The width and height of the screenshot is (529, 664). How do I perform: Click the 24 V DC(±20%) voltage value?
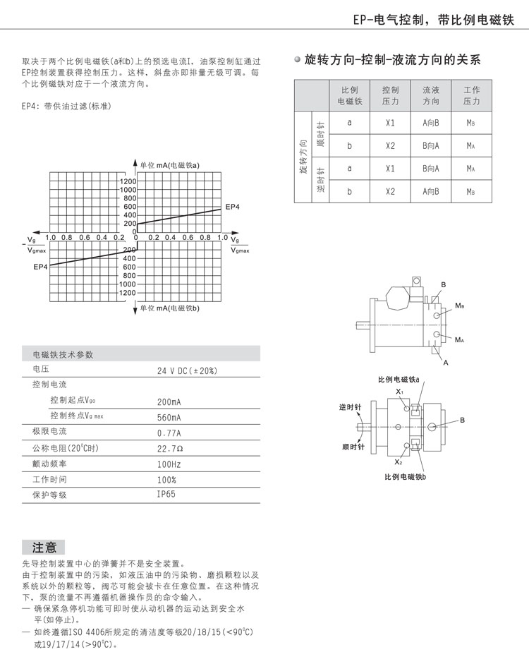coord(187,370)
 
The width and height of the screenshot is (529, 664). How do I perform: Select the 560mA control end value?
coord(169,416)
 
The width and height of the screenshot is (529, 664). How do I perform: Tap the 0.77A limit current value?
coord(169,433)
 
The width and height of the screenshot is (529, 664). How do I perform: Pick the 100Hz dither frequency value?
coord(169,464)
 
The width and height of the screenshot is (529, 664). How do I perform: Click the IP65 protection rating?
coord(166,494)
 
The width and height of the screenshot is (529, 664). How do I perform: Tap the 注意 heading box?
coord(44,548)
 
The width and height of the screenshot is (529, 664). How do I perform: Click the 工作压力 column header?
coord(471,96)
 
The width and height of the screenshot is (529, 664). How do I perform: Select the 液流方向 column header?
coord(430,96)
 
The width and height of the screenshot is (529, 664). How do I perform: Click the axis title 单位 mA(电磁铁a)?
coord(170,164)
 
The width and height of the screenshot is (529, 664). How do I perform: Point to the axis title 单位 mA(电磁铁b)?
coord(170,308)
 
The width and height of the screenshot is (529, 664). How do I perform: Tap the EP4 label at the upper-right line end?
coord(233,207)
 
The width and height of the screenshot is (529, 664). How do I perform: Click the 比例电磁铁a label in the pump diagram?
coord(399,380)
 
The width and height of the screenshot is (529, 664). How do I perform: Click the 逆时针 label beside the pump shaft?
coord(350,408)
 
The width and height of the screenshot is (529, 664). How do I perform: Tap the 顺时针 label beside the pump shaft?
coord(351,446)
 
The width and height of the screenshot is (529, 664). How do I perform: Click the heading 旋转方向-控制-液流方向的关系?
coord(393,60)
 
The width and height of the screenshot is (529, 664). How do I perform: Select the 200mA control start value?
coord(169,402)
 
